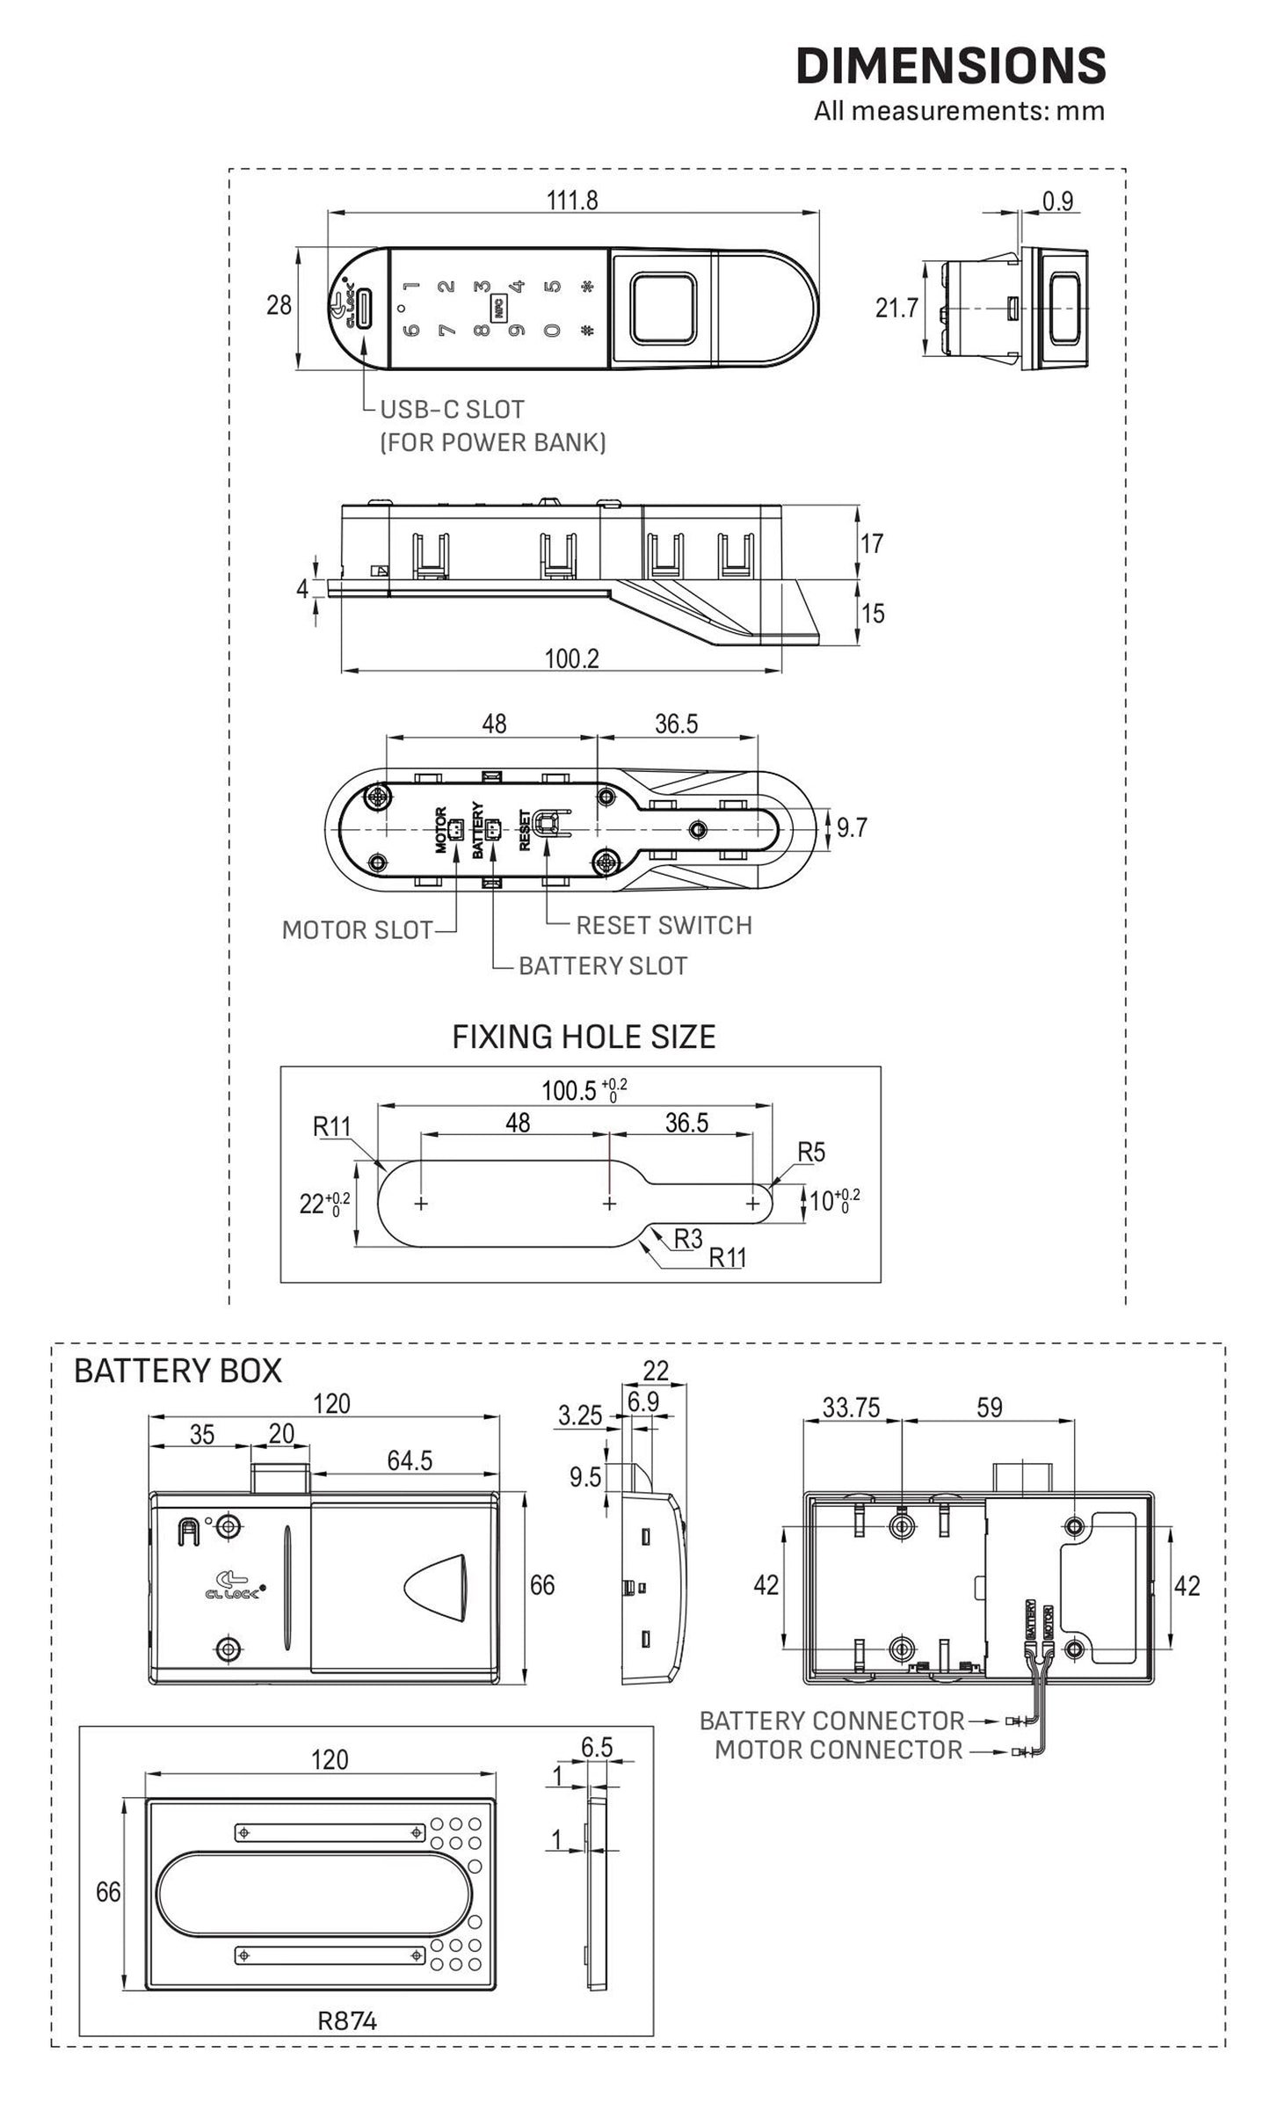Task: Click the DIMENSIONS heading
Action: click(950, 66)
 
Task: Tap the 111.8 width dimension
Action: click(572, 200)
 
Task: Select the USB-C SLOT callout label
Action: click(452, 410)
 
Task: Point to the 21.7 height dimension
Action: click(896, 308)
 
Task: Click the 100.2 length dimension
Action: click(571, 659)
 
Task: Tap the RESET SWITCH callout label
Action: click(664, 925)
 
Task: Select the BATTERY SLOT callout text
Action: click(602, 965)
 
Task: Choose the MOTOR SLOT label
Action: click(357, 930)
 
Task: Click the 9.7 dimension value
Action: click(852, 827)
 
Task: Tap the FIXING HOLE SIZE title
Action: click(584, 1037)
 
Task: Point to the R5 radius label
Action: click(811, 1152)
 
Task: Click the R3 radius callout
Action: click(688, 1239)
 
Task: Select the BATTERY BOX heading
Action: click(178, 1371)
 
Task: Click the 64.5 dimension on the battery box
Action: click(410, 1460)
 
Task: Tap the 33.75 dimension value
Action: click(851, 1408)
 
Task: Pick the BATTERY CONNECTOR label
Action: click(831, 1721)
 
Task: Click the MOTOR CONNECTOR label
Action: click(838, 1750)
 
